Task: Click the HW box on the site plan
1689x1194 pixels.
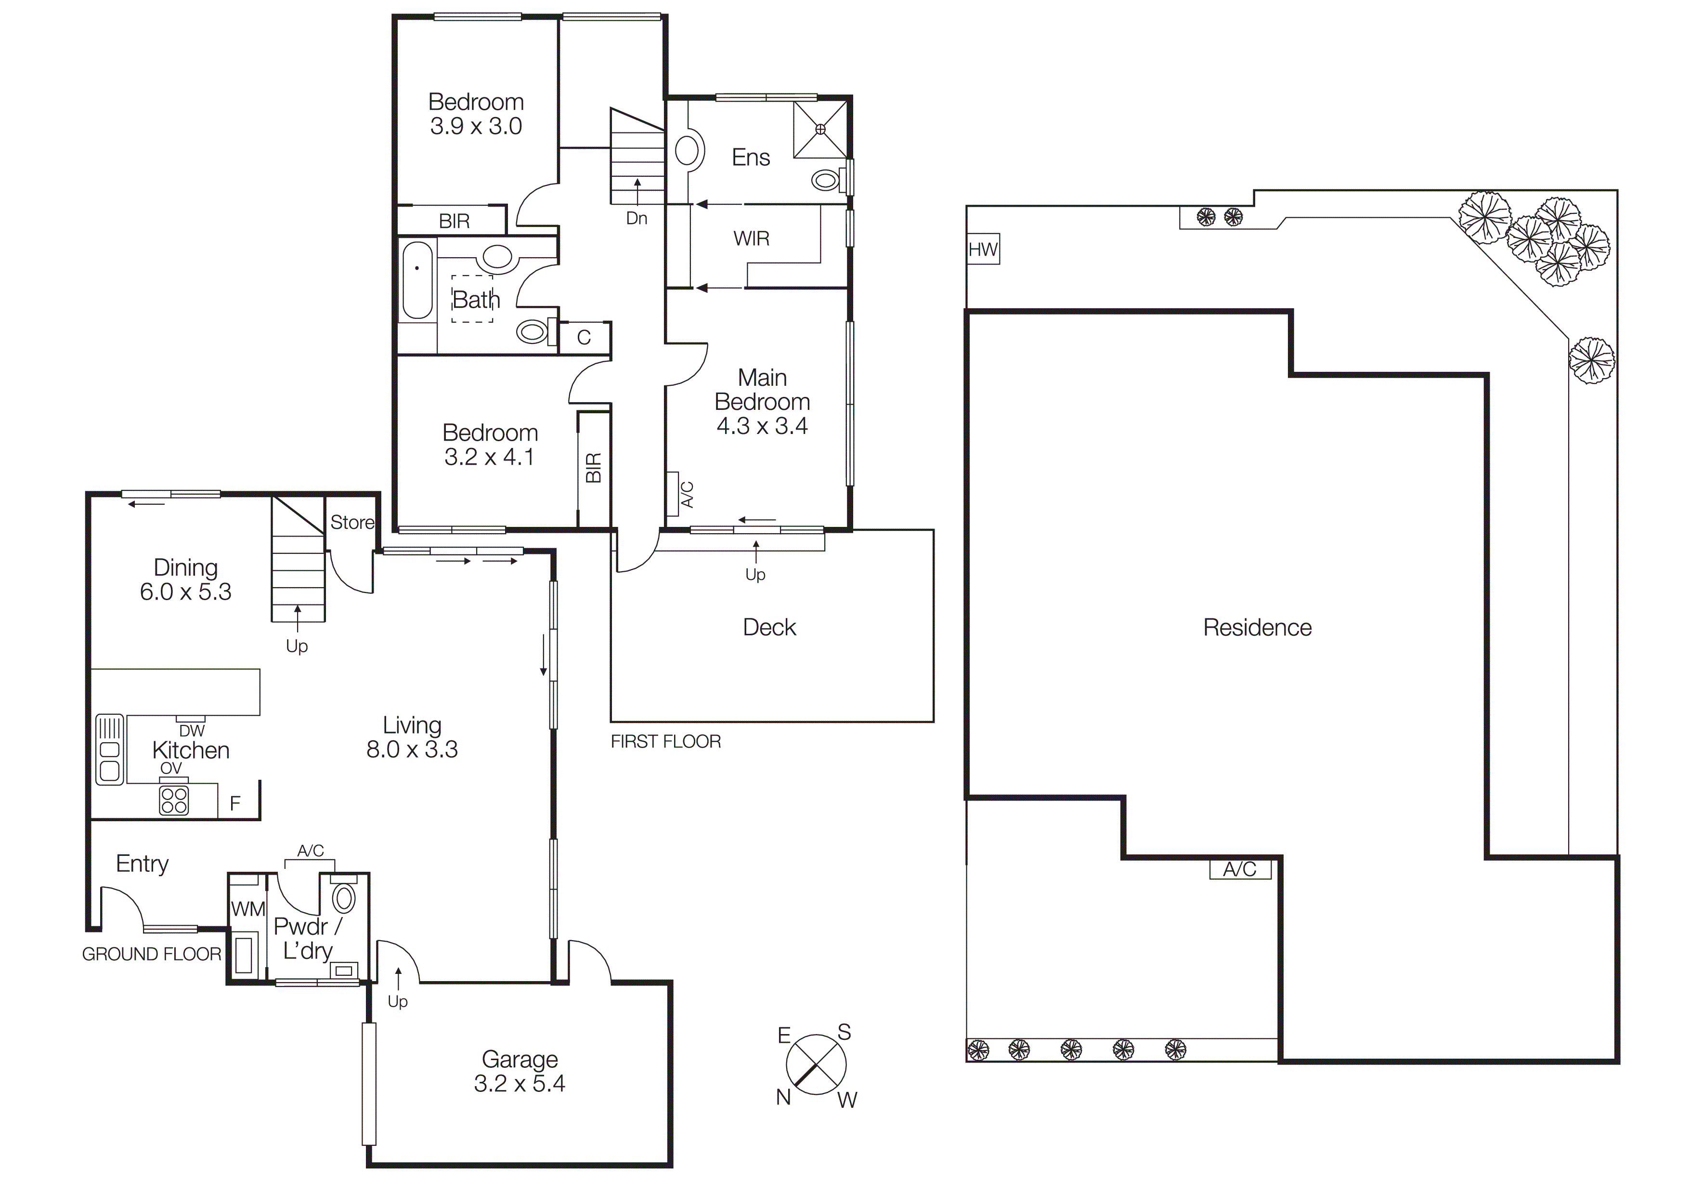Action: point(983,250)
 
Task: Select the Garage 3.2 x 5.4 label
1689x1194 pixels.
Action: point(520,1071)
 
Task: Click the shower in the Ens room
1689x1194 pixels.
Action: point(820,130)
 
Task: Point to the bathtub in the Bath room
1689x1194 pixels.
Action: point(417,280)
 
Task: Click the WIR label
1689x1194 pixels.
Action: point(751,238)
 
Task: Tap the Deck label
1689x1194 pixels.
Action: point(769,628)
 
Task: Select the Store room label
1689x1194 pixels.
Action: point(351,522)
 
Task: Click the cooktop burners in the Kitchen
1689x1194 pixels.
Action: point(174,800)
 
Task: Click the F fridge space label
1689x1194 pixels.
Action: point(235,803)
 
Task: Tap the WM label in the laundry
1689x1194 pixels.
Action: point(248,909)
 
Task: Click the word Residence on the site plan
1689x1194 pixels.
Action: point(1257,628)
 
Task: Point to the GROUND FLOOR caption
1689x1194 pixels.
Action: point(152,954)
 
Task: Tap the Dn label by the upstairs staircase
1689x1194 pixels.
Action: point(637,219)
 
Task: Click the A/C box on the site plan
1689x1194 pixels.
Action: point(1239,869)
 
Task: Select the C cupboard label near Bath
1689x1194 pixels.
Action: point(584,338)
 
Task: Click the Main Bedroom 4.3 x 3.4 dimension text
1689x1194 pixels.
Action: point(762,426)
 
